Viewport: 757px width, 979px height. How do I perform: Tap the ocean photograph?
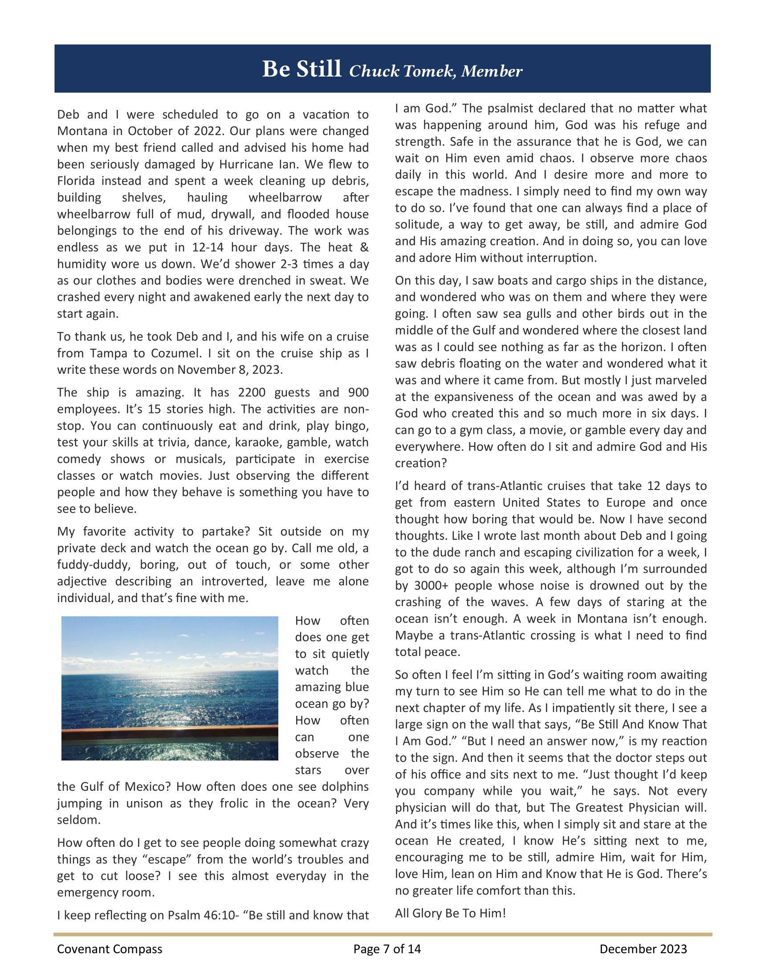170,688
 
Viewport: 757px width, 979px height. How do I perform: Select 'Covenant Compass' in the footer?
110,949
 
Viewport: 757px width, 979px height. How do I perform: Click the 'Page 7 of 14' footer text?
387,949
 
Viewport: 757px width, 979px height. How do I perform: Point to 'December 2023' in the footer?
643,949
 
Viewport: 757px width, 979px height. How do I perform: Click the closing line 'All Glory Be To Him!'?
450,913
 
